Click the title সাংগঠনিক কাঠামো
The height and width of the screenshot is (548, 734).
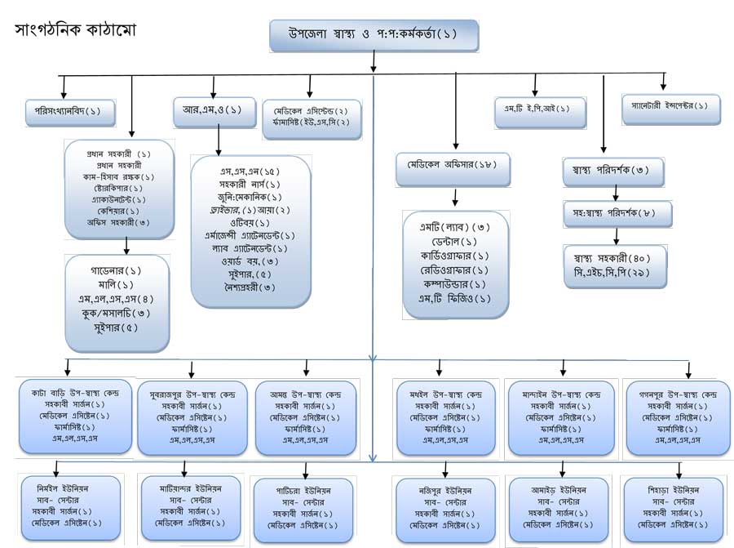pos(75,30)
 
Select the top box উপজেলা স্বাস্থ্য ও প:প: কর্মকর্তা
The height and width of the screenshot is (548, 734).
pos(374,35)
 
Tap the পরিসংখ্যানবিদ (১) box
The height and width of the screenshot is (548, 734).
pos(63,110)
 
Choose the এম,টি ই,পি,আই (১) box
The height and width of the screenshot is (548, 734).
pos(540,109)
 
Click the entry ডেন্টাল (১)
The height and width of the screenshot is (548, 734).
pos(456,242)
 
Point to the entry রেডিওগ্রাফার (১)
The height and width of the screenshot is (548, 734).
pos(456,270)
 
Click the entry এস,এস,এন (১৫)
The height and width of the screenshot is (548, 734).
pos(250,171)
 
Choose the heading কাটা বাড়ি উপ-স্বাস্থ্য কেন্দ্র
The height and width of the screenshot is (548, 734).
pos(76,392)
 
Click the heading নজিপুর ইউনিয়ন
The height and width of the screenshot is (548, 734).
pos(445,489)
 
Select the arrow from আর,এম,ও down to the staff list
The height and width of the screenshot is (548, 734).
pos(218,143)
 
